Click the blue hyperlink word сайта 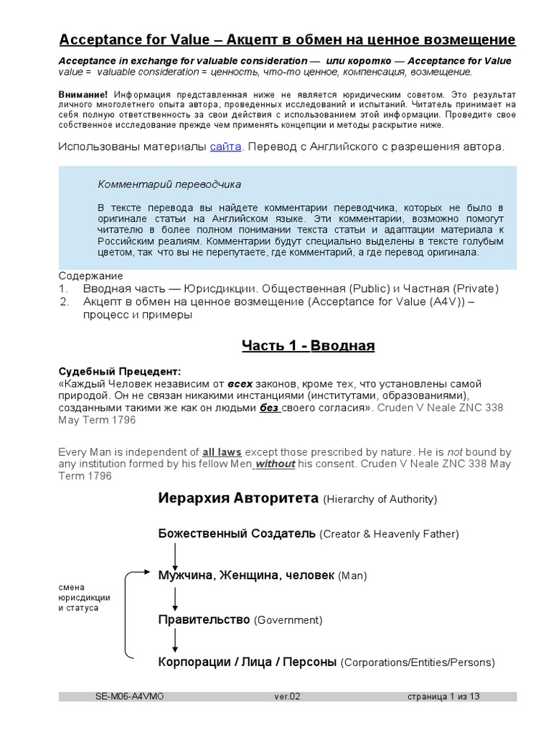coord(225,147)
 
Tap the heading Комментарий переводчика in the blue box coord(169,184)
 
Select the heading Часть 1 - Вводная coord(308,346)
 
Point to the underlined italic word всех coord(240,383)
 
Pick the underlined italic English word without coord(275,464)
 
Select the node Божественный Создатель coord(237,533)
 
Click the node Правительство coord(204,619)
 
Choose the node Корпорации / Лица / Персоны coord(248,662)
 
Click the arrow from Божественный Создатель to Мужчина coord(174,555)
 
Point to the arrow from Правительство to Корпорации coord(174,640)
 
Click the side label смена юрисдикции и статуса coord(84,597)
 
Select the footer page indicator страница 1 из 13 coord(443,696)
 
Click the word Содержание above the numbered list coord(90,276)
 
